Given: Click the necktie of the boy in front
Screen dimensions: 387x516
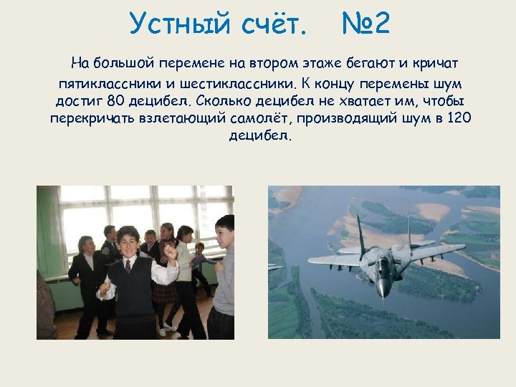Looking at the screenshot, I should (x=128, y=267).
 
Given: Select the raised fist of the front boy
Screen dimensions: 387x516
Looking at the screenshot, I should (x=170, y=252).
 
